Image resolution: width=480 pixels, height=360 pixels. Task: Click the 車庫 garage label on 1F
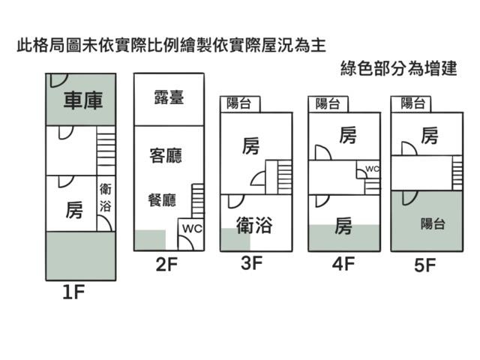[x=82, y=100]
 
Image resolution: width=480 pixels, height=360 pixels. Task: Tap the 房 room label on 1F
[x=74, y=210]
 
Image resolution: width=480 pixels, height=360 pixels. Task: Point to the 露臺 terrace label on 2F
[x=168, y=97]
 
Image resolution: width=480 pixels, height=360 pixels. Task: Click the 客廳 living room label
[x=166, y=156]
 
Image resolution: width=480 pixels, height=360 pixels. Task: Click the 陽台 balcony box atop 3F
[x=239, y=104]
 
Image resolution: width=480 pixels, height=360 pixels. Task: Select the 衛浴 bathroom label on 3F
[x=253, y=226]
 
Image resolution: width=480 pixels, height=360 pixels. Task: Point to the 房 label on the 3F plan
[x=251, y=147]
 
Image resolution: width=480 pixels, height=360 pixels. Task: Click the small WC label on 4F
[x=373, y=169]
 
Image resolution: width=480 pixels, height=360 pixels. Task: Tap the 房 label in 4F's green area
[x=343, y=226]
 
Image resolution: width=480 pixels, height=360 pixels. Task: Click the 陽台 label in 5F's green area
[x=433, y=223]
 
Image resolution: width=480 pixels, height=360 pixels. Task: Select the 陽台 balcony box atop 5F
[x=413, y=104]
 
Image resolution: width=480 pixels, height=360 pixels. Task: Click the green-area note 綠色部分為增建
[x=397, y=67]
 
